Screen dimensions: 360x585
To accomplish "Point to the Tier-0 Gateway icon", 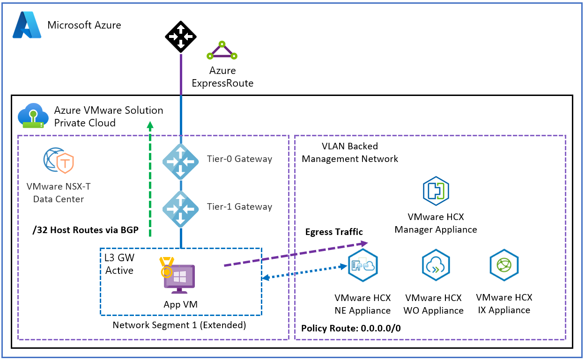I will (x=180, y=161).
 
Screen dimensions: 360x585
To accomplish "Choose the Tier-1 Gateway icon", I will (x=180, y=209).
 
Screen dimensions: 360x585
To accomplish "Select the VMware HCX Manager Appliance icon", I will (x=436, y=191).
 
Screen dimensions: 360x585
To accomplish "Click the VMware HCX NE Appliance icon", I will (x=363, y=265).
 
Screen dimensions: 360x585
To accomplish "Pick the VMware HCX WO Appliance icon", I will (x=435, y=265).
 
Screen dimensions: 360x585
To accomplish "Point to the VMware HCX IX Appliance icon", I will (x=504, y=265).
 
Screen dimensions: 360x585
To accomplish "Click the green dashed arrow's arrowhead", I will (x=150, y=125).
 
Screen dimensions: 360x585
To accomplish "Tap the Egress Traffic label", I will (x=334, y=232).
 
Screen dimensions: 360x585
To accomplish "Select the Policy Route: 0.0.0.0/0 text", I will (x=351, y=328).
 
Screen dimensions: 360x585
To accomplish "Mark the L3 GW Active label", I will (x=119, y=264).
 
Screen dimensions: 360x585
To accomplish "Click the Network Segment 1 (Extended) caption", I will (x=179, y=325).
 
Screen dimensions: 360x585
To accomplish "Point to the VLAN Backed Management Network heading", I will (x=349, y=153).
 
